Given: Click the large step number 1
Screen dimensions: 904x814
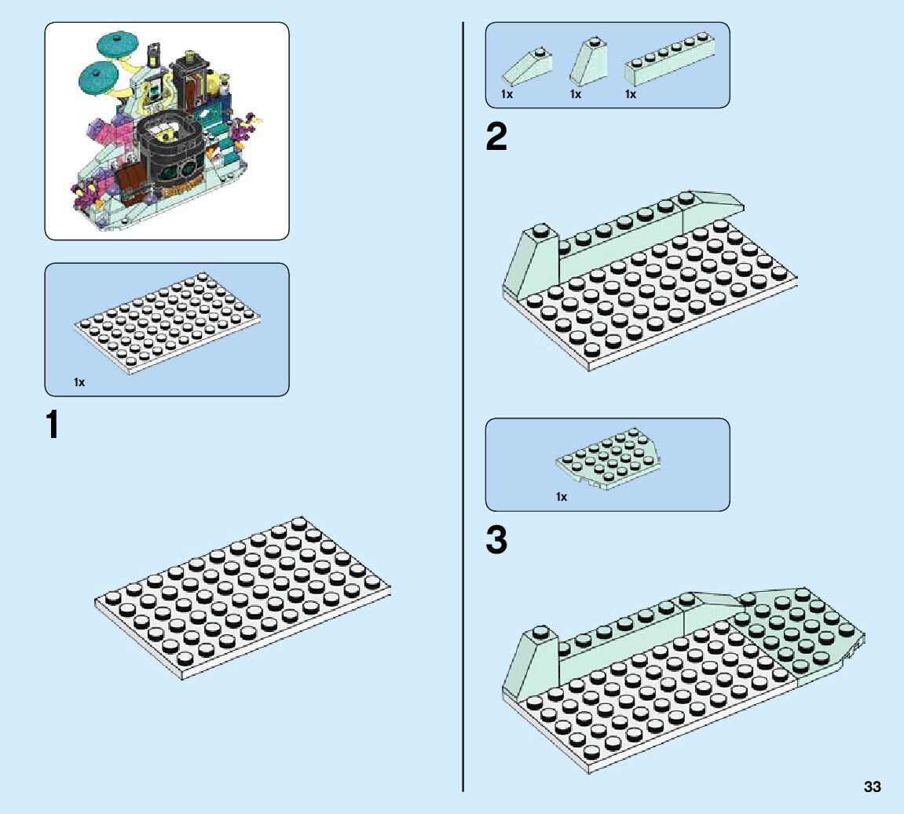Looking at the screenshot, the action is (53, 425).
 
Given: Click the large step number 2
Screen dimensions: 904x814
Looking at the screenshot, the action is (496, 139).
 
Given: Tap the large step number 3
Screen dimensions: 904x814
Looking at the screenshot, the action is (496, 540).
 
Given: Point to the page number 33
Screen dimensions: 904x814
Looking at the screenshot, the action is (872, 787).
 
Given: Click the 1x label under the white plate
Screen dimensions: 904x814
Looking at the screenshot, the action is (79, 382).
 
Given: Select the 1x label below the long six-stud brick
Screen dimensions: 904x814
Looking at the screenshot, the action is (630, 94).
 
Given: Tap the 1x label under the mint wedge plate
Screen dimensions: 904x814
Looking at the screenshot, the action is (562, 497).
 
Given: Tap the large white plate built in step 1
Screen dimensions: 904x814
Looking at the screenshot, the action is (243, 597).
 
